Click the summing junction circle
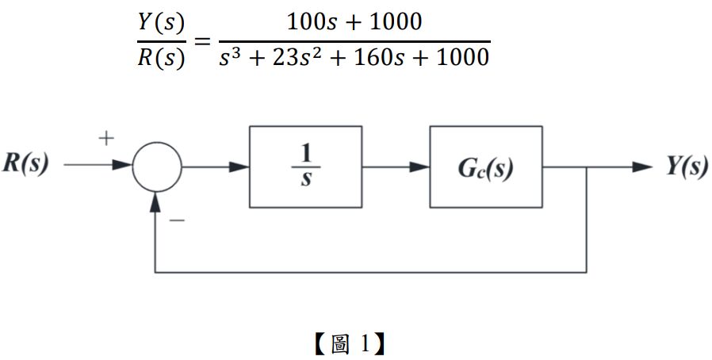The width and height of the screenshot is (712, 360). click(156, 167)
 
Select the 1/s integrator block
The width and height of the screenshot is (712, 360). click(305, 167)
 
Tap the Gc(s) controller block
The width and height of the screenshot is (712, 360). click(485, 167)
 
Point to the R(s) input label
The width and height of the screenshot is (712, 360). click(25, 165)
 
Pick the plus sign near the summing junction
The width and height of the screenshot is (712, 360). click(106, 138)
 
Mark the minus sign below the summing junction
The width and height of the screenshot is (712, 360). click(177, 219)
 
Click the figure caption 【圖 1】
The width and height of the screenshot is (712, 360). click(348, 343)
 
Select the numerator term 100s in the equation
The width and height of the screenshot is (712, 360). click(310, 21)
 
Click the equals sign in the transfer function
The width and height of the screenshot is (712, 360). click(202, 40)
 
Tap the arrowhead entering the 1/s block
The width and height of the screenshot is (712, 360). click(241, 167)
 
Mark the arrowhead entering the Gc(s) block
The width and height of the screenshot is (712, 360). click(421, 167)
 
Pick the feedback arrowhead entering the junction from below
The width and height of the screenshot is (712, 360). click(156, 201)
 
